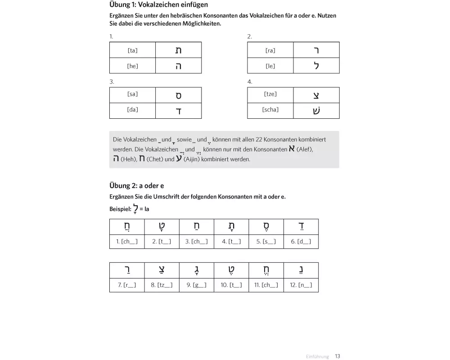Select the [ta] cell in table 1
132,50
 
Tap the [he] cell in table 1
132,66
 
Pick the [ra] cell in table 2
270,50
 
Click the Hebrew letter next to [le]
316,66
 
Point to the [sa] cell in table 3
132,94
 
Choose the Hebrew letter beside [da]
179,111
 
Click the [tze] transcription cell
270,94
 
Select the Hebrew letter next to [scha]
316,111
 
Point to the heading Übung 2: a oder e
137,185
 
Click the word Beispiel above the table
120,209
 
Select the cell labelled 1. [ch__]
127,242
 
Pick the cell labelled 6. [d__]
301,242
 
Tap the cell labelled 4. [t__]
231,242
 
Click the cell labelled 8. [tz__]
162,285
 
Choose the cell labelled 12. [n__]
301,285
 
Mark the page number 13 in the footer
337,356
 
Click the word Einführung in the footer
317,356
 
